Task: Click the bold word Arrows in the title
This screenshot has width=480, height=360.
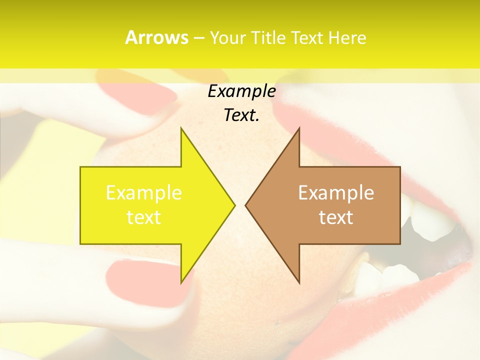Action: click(156, 37)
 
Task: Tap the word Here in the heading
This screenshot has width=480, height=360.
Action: click(347, 37)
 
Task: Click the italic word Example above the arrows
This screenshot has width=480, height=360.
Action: click(241, 91)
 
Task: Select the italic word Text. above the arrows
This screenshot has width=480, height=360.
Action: click(241, 115)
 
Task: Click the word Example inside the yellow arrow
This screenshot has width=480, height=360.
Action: click(144, 192)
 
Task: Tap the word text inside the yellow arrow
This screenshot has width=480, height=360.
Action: click(144, 217)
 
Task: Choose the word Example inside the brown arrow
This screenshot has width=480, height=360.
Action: click(336, 192)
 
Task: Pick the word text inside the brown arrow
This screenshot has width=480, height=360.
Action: click(336, 217)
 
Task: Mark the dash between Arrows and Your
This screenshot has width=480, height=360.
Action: click(198, 37)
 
